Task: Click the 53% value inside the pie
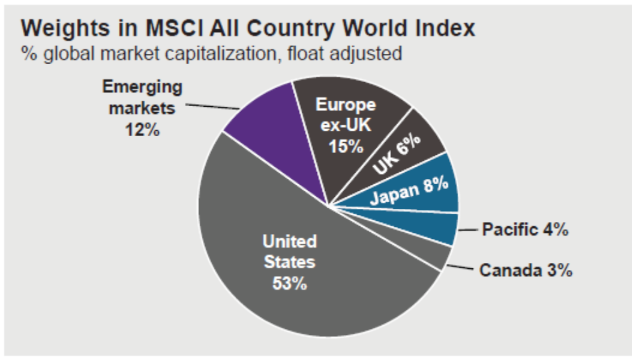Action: tap(289, 283)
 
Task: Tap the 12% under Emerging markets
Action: tap(143, 130)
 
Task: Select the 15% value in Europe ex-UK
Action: tap(346, 145)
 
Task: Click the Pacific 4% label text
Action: tap(525, 230)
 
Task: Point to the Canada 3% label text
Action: tap(526, 271)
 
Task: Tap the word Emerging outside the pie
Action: tap(142, 88)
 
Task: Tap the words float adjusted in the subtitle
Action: tap(352, 53)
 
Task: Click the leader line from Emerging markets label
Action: tap(211, 107)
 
